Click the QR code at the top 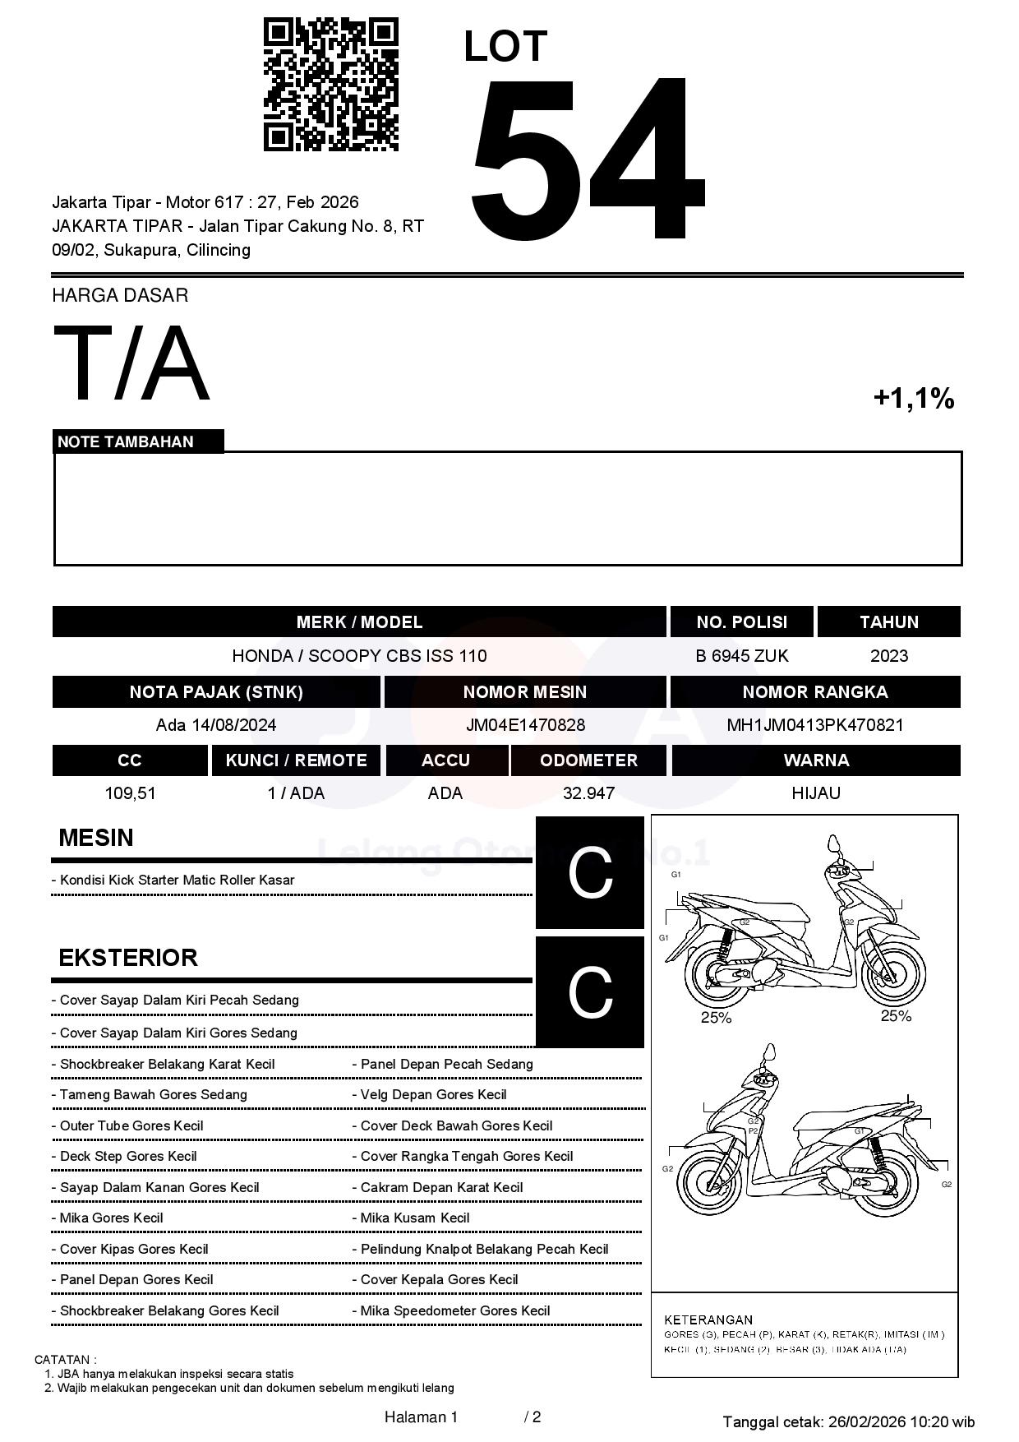tap(330, 85)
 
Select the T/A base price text tap(131, 363)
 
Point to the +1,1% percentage tap(913, 399)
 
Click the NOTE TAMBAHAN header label tap(126, 442)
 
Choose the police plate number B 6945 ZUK tap(741, 656)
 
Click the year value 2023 tap(888, 656)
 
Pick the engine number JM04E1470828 tap(525, 725)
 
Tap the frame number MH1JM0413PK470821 tap(814, 725)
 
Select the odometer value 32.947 tap(588, 793)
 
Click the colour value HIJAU tap(815, 793)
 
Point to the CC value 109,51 tap(130, 793)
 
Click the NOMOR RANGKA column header tap(814, 692)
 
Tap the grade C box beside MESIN tap(590, 872)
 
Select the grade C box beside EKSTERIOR tap(590, 992)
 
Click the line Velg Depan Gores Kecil tap(433, 1095)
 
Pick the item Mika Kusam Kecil tap(415, 1218)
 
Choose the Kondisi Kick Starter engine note tap(177, 880)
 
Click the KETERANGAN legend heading tap(708, 1320)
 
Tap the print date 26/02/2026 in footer tap(866, 1421)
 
